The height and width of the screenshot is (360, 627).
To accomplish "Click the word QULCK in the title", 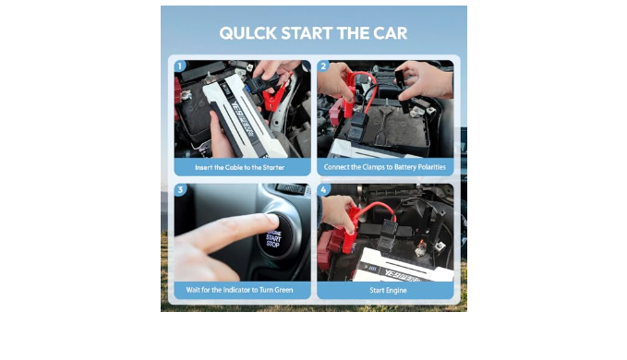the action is [247, 33].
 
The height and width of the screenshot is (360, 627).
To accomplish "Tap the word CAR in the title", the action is [390, 33].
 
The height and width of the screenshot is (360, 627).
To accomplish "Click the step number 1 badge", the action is [180, 66].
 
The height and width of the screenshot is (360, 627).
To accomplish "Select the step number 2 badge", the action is [323, 66].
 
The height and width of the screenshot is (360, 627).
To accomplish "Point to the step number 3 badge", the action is [180, 189].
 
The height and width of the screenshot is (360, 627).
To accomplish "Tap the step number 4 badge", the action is [323, 189].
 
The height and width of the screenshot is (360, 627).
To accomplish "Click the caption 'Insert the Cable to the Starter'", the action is [239, 167].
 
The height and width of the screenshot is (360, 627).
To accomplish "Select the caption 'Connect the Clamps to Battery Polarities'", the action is [385, 167].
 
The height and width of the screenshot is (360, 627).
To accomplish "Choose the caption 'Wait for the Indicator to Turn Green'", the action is [239, 290].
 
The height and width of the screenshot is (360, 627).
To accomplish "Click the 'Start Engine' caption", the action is [388, 291].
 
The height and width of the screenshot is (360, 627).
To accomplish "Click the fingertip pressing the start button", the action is [271, 221].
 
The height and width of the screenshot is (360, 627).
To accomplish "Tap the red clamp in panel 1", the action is [274, 97].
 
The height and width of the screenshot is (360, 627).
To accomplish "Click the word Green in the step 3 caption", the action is [283, 290].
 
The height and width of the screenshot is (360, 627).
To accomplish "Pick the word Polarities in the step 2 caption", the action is [431, 167].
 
